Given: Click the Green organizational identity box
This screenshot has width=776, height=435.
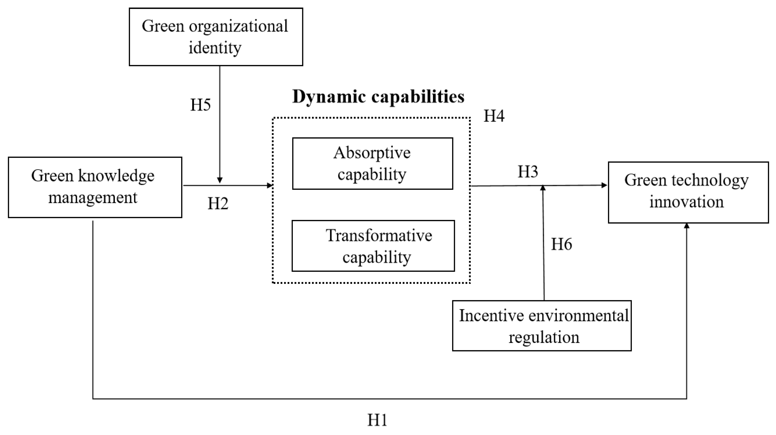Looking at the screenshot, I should pyautogui.click(x=216, y=37).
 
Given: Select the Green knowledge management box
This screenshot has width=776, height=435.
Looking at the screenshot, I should pyautogui.click(x=95, y=187).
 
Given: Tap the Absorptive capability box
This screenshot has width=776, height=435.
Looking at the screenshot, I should pyautogui.click(x=372, y=164).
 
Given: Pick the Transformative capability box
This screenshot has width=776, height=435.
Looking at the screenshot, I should pyautogui.click(x=373, y=246).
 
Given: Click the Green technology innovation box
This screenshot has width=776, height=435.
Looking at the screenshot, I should pyautogui.click(x=688, y=192).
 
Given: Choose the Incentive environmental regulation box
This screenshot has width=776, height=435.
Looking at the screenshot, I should pyautogui.click(x=542, y=325).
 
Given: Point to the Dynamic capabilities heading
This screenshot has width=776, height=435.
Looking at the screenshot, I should pyautogui.click(x=378, y=97).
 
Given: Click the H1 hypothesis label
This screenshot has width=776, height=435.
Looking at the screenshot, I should pyautogui.click(x=377, y=420).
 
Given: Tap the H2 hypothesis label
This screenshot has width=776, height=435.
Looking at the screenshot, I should pyautogui.click(x=218, y=203).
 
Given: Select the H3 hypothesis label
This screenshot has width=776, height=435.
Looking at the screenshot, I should pyautogui.click(x=527, y=172).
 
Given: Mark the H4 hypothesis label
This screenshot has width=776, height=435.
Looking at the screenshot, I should pyautogui.click(x=494, y=116).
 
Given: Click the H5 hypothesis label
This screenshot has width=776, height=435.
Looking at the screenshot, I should pyautogui.click(x=200, y=105).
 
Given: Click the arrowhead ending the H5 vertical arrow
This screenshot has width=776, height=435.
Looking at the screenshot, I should pyautogui.click(x=219, y=180).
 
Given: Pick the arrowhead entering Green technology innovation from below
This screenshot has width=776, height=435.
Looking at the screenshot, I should pyautogui.click(x=686, y=226).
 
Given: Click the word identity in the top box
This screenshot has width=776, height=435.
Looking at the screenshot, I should pyautogui.click(x=215, y=48).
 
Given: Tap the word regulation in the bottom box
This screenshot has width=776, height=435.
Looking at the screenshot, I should pyautogui.click(x=544, y=337).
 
